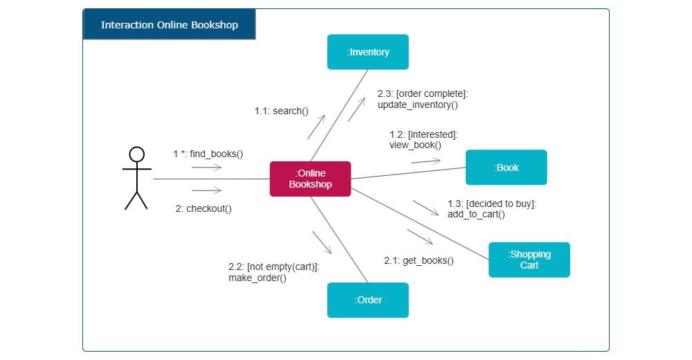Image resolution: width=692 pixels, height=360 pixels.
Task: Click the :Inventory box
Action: coord(368,52)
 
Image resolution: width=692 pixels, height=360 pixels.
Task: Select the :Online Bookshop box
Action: coord(310,179)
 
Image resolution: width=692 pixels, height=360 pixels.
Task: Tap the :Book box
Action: coord(506,168)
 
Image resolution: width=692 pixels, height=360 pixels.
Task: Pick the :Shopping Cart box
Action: coord(529,260)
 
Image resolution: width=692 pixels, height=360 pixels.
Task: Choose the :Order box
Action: coord(368,300)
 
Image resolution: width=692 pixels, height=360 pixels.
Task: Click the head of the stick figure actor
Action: coord(137,154)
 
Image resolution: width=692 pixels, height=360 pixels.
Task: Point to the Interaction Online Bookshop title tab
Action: coord(170,25)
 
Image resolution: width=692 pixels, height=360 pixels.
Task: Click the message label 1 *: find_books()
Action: coord(208,154)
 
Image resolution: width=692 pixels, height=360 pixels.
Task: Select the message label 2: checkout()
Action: coord(203,208)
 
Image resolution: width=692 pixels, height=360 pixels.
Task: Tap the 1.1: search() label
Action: coord(281,111)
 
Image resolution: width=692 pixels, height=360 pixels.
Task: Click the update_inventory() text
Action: coord(418,105)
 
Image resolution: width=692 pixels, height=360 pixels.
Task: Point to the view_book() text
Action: coord(415,145)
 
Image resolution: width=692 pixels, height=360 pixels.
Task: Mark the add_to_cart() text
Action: coord(476,214)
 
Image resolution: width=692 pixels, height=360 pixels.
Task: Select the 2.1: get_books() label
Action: coord(419,260)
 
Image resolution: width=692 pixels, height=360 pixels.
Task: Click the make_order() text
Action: coord(257,278)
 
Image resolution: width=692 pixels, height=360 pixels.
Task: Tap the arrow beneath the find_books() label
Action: coord(206,168)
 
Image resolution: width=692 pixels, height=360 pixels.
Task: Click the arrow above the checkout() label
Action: coord(206,190)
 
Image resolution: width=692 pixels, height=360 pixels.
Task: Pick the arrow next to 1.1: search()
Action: coord(316,127)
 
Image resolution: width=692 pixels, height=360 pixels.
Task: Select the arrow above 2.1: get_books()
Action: coord(420,237)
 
